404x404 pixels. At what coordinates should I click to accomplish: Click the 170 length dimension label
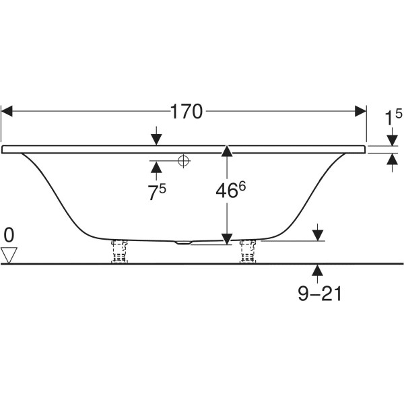click(187, 112)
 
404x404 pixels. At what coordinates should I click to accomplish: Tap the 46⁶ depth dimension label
click(230, 190)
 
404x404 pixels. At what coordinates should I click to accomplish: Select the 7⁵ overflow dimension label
click(157, 192)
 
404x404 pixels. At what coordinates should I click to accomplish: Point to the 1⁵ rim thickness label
click(393, 117)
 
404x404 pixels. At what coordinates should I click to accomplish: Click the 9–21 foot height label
click(320, 293)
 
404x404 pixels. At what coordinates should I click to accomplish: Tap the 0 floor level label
click(9, 235)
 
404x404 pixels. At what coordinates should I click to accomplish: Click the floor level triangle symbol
click(9, 255)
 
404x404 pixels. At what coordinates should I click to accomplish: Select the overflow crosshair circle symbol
click(183, 161)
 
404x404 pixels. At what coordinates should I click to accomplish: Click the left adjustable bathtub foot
click(119, 251)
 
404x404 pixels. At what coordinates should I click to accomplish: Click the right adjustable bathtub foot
click(248, 251)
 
